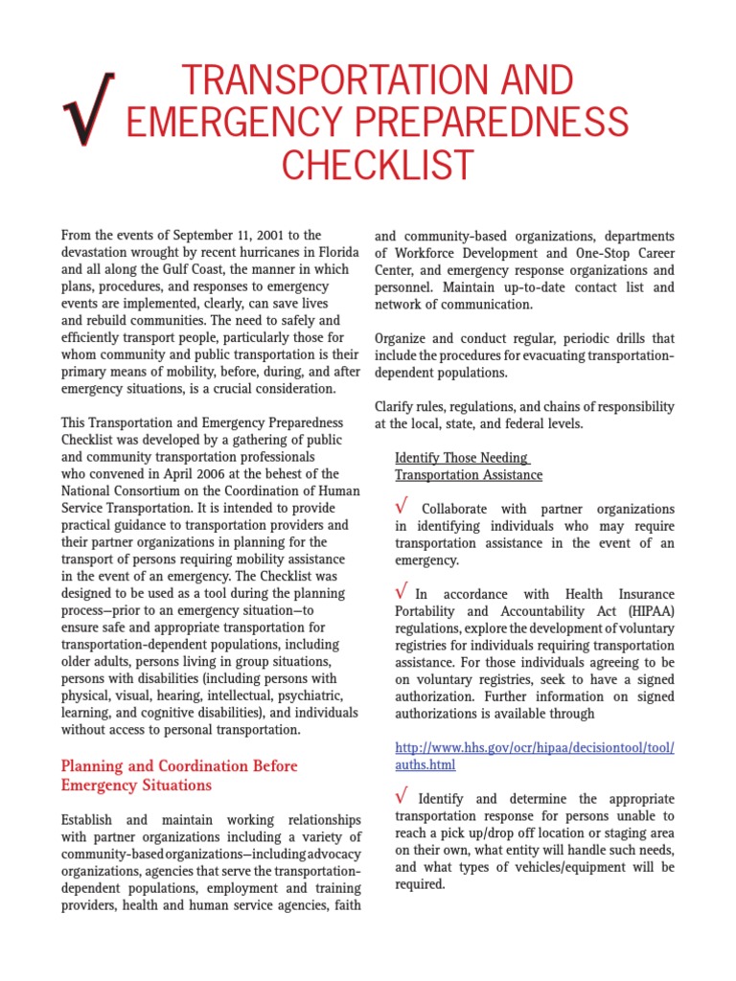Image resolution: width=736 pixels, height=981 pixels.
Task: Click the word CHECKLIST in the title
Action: tap(378, 165)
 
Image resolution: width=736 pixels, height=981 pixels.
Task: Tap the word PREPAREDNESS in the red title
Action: tap(485, 122)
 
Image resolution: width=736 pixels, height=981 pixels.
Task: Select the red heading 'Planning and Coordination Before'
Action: tap(179, 766)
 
